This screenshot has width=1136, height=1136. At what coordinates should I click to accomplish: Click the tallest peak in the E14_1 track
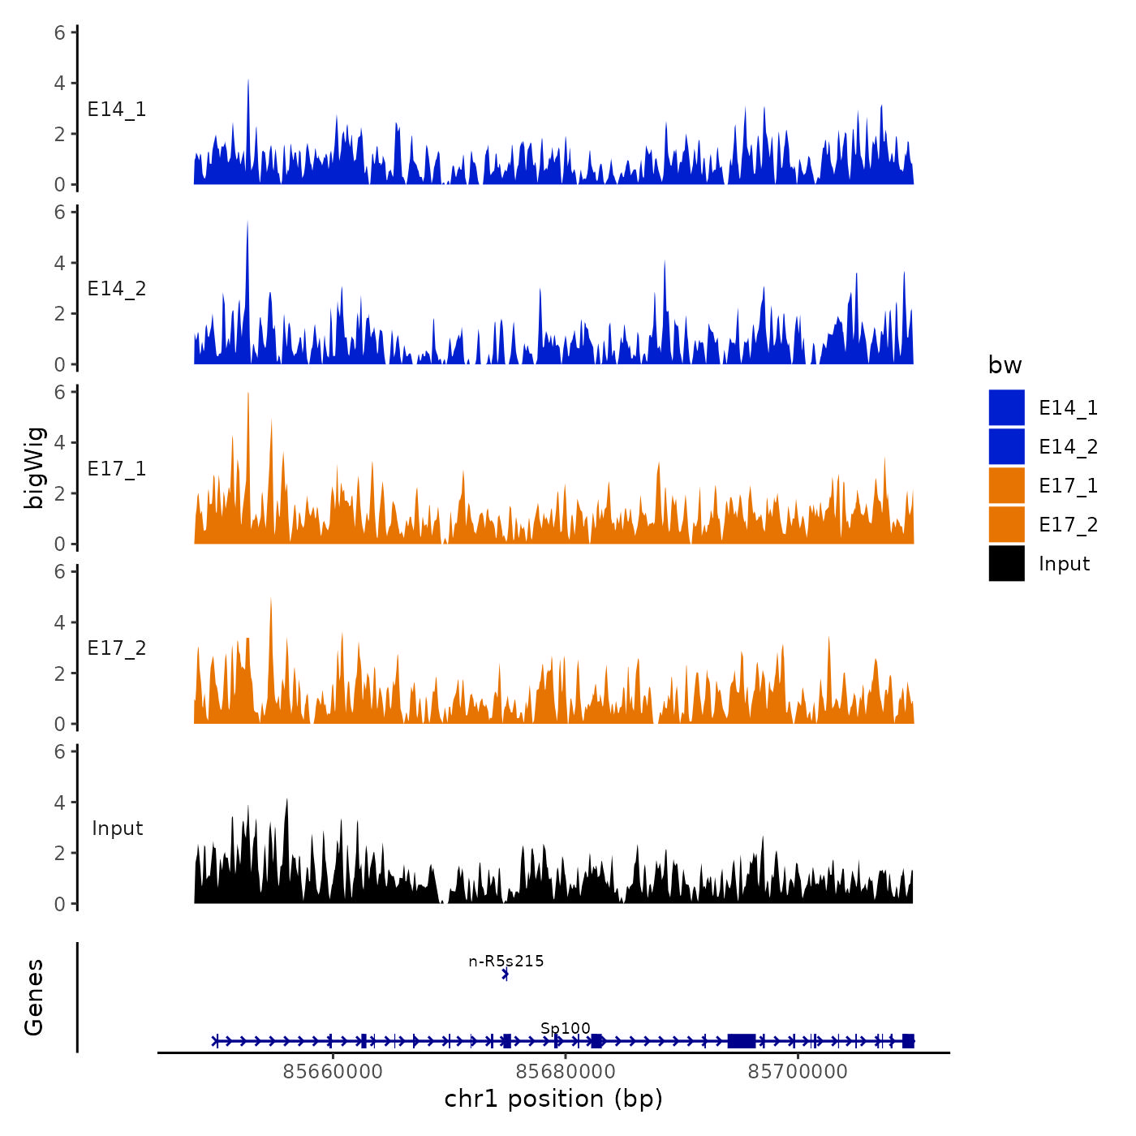pyautogui.click(x=248, y=82)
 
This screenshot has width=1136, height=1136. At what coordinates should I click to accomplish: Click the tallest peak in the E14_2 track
pyautogui.click(x=247, y=224)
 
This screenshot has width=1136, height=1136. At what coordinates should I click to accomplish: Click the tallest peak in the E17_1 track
pyautogui.click(x=247, y=395)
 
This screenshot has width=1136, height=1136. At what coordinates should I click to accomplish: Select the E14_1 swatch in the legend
pyautogui.click(x=1006, y=407)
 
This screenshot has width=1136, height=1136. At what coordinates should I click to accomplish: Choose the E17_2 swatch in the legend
pyautogui.click(x=1006, y=524)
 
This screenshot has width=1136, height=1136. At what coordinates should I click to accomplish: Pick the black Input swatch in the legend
pyautogui.click(x=1006, y=563)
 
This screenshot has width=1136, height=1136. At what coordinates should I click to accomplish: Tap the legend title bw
pyautogui.click(x=1005, y=365)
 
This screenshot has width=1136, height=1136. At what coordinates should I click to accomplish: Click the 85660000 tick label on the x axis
pyautogui.click(x=333, y=1071)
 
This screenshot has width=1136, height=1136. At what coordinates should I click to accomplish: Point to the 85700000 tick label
pyautogui.click(x=797, y=1071)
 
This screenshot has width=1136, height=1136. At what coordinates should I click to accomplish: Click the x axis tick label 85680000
pyautogui.click(x=565, y=1071)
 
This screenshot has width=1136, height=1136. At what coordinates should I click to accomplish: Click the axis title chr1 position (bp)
pyautogui.click(x=553, y=1099)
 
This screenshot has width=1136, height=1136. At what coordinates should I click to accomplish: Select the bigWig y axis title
pyautogui.click(x=34, y=468)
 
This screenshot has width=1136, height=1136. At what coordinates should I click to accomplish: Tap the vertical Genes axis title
pyautogui.click(x=34, y=997)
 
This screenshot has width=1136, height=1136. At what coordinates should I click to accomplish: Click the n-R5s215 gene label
pyautogui.click(x=506, y=962)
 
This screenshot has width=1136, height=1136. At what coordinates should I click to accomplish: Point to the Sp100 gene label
pyautogui.click(x=566, y=1029)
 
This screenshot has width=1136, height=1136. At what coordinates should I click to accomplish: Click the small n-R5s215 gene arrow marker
pyautogui.click(x=506, y=975)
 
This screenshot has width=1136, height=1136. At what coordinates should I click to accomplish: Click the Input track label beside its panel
pyautogui.click(x=117, y=828)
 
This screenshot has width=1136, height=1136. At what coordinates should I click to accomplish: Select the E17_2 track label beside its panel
pyautogui.click(x=117, y=648)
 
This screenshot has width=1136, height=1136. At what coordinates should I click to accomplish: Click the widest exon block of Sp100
pyautogui.click(x=742, y=1041)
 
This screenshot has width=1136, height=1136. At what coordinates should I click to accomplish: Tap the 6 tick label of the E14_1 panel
pyautogui.click(x=60, y=33)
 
